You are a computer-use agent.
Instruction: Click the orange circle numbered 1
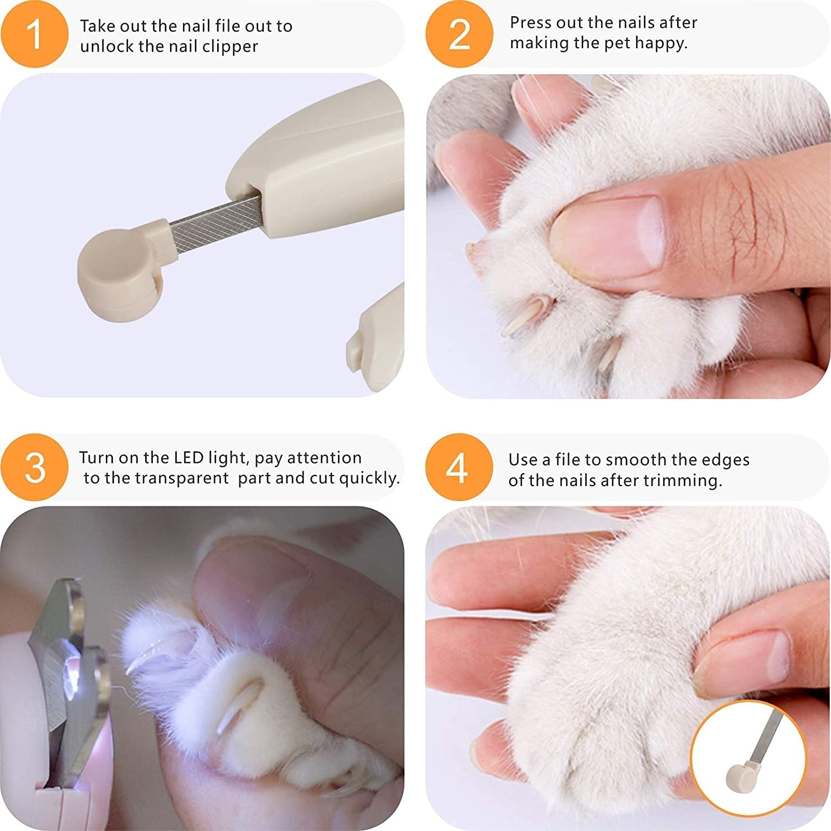34,34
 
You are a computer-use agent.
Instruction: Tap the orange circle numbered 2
459,34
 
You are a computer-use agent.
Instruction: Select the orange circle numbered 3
34,467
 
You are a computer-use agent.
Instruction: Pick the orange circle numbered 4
459,467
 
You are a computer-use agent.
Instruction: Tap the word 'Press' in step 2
530,23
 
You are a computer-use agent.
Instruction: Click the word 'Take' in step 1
98,26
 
